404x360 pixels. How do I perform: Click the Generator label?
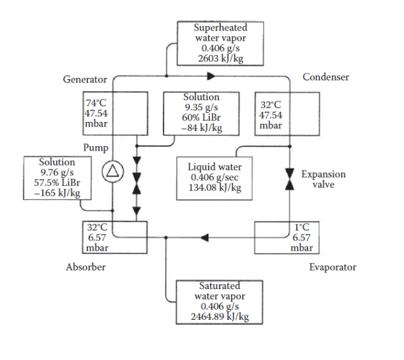pos(84,80)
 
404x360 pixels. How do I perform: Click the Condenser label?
pos(325,77)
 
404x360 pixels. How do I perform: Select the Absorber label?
pos(86,267)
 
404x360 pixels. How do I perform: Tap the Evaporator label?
pos(333,267)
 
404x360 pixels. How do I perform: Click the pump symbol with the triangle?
pos(112,170)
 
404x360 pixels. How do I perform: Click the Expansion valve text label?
pos(324,179)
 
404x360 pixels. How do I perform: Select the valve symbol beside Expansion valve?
pos(289,179)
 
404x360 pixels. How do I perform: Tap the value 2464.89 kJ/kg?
pos(220,317)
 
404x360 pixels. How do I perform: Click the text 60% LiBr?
pos(201,118)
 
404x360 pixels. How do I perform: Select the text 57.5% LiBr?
pos(57,183)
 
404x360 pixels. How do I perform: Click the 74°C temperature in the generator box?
pos(96,103)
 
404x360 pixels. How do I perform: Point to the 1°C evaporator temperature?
pos(302,227)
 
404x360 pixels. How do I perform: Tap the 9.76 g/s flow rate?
pos(57,172)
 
